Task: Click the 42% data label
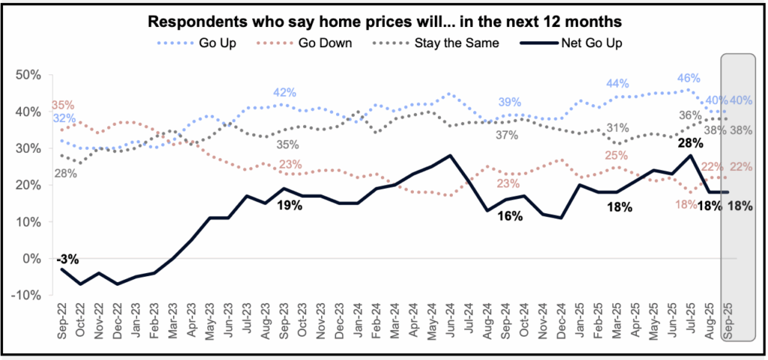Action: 283,92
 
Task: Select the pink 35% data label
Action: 63,105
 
